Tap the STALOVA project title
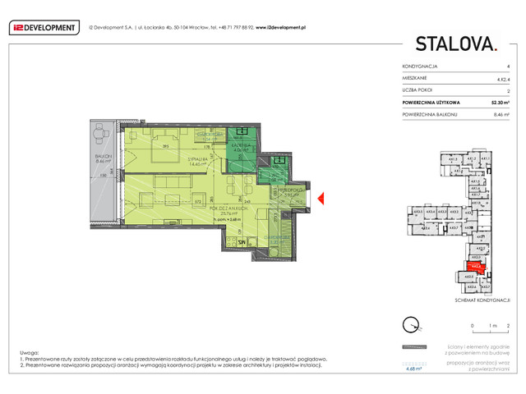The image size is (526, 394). [456, 44]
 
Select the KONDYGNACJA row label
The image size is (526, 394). [420, 66]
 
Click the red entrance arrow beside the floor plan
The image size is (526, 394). [322, 197]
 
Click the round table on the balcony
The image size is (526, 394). [102, 131]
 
